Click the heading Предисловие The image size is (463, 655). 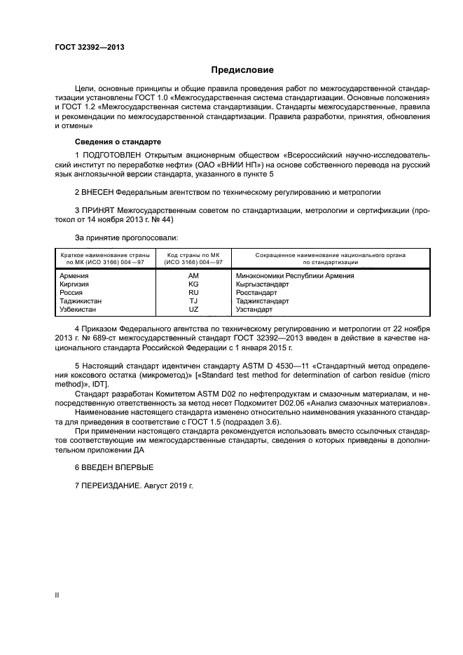tap(242, 70)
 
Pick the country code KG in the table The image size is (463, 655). tap(193, 284)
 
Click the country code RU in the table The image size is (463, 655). tap(193, 293)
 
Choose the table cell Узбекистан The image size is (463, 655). tap(79, 309)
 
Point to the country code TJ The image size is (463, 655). tap(193, 301)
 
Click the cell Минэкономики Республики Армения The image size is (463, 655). tap(295, 276)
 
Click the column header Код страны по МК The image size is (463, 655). tap(193, 256)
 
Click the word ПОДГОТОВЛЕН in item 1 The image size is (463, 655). tap(111, 154)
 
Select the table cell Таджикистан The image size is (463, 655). tap(81, 301)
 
